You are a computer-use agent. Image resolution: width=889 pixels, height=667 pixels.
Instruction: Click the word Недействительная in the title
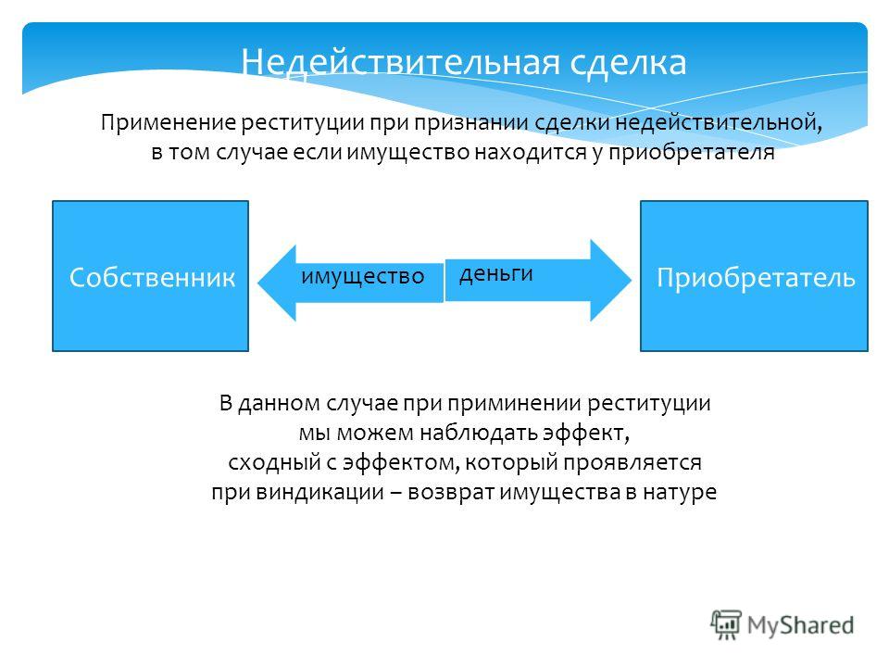coord(400,62)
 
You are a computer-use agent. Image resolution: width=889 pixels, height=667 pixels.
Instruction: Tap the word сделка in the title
coord(628,62)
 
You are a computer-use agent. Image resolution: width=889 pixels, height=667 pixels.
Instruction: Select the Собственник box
coord(150,276)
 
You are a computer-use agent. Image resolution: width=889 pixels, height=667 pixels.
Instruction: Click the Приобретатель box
coord(754,276)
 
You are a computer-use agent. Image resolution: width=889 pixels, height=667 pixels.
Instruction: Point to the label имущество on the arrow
coord(363,276)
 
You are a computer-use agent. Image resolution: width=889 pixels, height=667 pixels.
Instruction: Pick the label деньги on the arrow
coord(496,274)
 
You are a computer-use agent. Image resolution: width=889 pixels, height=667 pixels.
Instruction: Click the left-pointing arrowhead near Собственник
coord(277,283)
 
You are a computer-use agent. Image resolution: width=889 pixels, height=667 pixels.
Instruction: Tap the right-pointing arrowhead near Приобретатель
coord(610,280)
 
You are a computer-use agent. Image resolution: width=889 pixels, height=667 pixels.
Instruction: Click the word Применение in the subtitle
coord(169,122)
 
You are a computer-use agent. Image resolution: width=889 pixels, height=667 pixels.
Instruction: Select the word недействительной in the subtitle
coord(719,122)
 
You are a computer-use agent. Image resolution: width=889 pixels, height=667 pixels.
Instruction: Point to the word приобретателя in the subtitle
coord(692,152)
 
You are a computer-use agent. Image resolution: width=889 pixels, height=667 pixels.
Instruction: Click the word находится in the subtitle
coord(530,152)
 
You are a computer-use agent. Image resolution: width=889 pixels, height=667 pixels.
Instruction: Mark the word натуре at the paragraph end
coord(680,492)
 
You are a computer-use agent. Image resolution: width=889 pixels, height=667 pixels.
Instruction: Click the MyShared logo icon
coord(726,624)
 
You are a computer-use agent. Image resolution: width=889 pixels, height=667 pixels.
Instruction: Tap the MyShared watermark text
coord(800,625)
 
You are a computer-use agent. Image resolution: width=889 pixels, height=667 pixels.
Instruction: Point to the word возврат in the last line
coord(451,492)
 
